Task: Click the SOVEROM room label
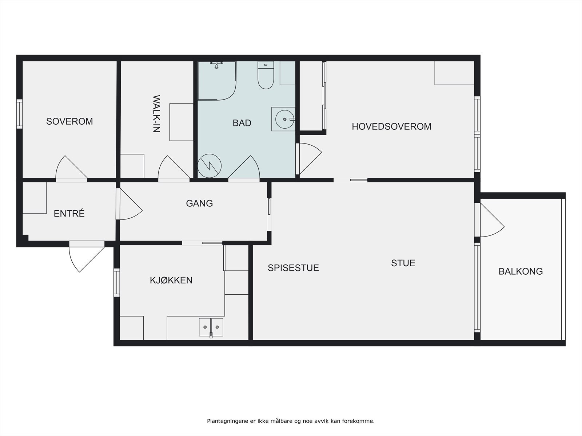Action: click(69, 121)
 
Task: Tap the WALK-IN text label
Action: click(157, 114)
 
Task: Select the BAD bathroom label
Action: click(242, 123)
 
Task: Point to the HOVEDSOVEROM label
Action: click(391, 126)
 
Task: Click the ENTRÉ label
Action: click(69, 213)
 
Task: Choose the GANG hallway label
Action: click(199, 203)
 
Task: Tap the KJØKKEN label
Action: click(171, 280)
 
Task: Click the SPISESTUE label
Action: click(293, 268)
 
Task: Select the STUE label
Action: click(403, 263)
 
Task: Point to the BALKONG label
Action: click(521, 271)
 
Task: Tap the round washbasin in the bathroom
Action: click(284, 120)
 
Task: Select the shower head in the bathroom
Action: click(217, 65)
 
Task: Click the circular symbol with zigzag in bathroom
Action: click(210, 166)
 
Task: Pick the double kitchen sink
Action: click(211, 328)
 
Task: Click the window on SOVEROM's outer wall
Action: click(19, 114)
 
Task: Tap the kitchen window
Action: click(117, 282)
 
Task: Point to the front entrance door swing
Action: click(87, 257)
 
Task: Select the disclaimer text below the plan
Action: click(291, 421)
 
